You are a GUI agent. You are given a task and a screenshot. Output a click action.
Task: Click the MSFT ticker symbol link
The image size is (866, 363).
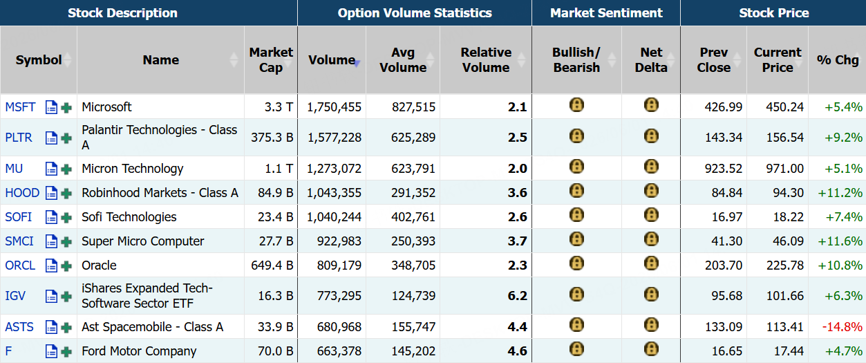20,106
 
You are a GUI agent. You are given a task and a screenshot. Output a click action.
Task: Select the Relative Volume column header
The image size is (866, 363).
486,60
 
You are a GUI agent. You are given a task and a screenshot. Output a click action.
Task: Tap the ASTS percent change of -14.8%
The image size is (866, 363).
842,327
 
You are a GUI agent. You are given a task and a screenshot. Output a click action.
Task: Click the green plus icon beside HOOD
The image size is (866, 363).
66,193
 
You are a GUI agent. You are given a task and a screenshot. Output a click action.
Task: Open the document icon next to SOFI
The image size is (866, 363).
51,217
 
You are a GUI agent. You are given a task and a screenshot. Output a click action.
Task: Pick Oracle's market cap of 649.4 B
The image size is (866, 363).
272,266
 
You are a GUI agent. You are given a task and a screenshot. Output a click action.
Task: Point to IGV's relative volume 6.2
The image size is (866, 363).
517,296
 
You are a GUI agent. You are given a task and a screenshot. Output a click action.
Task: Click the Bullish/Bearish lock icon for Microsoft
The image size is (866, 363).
576,105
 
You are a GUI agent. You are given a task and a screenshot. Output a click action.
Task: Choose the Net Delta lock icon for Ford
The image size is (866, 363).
651,349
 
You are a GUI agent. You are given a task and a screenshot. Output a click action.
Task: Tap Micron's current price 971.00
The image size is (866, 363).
784,169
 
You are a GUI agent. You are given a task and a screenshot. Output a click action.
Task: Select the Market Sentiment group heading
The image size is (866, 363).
606,12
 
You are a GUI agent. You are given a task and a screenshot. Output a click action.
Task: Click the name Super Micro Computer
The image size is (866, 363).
142,241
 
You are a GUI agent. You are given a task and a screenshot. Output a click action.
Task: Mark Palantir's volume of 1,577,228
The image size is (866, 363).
335,138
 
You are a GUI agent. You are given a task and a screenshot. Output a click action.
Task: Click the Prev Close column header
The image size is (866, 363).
714,60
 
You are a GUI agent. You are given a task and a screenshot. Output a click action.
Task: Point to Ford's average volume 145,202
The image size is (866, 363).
413,351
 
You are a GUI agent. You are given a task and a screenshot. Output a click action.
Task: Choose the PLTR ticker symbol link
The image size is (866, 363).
19,138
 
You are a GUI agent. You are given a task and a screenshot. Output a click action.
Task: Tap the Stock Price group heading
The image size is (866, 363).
774,12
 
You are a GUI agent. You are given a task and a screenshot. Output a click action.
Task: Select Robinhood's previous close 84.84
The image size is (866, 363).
727,193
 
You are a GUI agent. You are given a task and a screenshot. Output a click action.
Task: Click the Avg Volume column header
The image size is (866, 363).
403,60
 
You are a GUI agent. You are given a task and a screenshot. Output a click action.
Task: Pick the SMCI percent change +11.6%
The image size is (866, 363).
840,241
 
